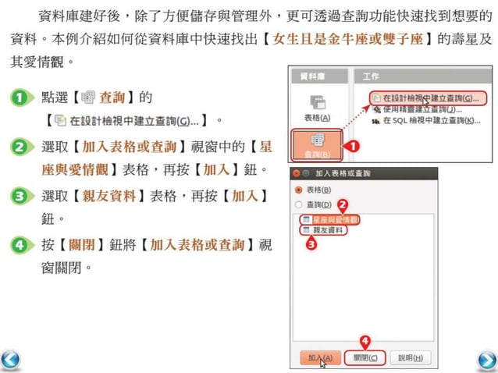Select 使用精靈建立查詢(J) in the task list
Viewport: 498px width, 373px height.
click(x=425, y=110)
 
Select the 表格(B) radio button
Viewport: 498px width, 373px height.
click(x=297, y=190)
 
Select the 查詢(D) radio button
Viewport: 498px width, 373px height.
click(x=297, y=204)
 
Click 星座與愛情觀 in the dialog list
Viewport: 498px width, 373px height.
click(x=330, y=219)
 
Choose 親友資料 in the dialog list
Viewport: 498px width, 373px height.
click(x=327, y=230)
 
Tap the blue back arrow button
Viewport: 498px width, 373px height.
click(x=11, y=360)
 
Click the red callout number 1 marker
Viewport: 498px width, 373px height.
click(x=352, y=145)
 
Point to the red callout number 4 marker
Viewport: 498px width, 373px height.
click(x=365, y=340)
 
